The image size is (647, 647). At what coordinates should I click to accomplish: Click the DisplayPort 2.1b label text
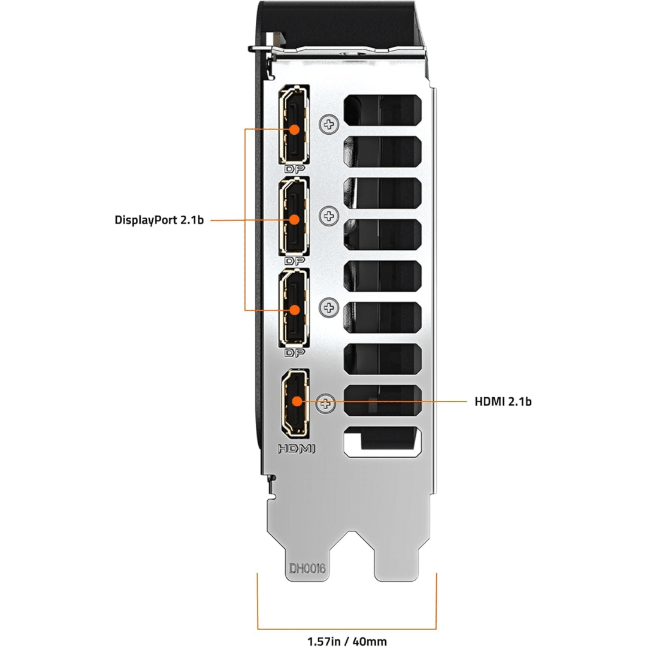pos(159,220)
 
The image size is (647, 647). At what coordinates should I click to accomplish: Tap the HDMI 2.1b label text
pos(503,401)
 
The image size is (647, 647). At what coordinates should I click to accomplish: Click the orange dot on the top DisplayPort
pos(294,129)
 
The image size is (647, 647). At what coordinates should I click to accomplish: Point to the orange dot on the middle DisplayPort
pos(294,220)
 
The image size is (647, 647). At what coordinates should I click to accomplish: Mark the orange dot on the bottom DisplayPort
pos(294,310)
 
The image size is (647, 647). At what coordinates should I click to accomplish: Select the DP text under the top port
pos(294,170)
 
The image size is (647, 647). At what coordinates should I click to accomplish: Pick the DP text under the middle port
pos(294,261)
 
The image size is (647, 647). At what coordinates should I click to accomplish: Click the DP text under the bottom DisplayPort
pos(294,352)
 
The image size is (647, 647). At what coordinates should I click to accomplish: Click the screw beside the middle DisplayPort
pos(329,214)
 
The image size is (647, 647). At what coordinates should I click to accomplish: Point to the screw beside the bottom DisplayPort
pos(329,308)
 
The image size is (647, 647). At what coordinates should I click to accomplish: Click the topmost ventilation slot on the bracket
pos(382,112)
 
